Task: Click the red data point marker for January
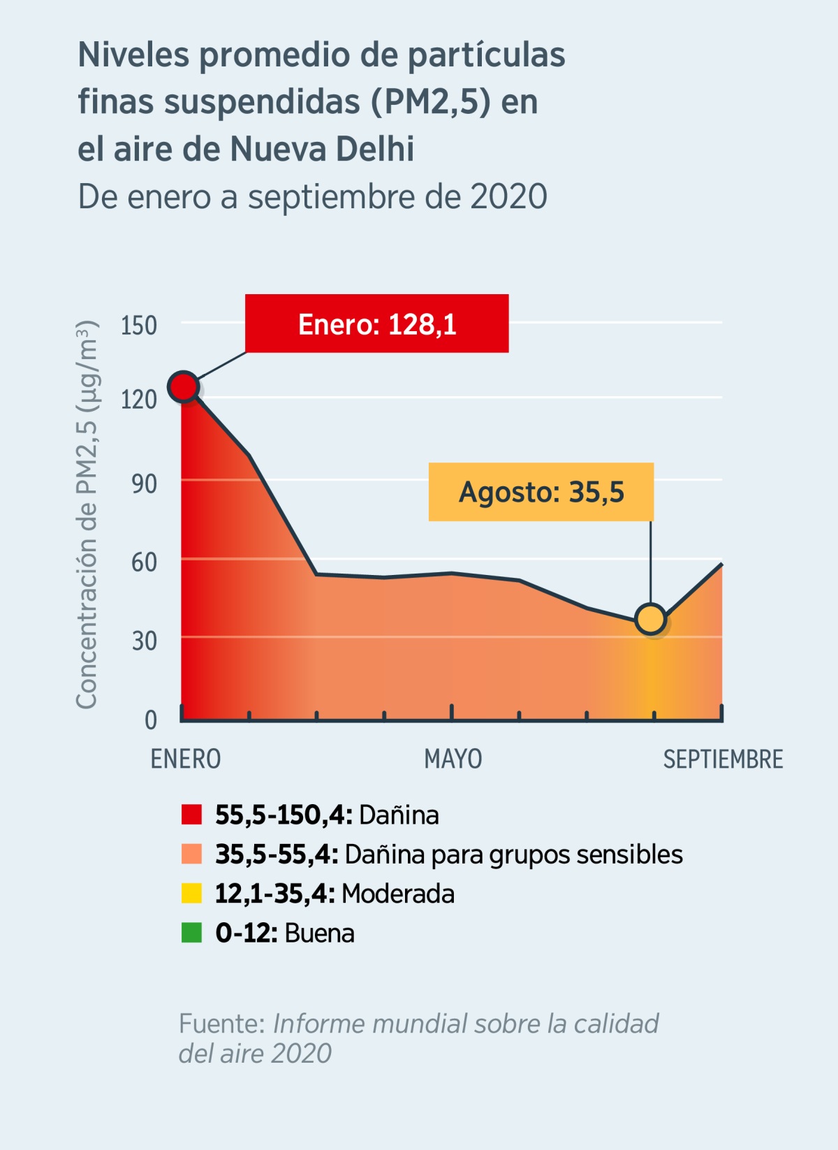point(184,386)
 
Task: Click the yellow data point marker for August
point(651,619)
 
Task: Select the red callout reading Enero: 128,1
point(376,323)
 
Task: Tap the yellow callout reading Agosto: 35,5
point(541,492)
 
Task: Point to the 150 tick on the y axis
point(138,326)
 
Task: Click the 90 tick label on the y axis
point(144,483)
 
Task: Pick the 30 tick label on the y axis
point(144,641)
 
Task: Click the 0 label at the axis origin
point(151,720)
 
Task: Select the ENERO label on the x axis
point(186,759)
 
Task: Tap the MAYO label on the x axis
point(453,759)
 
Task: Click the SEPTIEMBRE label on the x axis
point(723,759)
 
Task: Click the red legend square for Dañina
point(191,815)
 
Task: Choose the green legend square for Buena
point(191,933)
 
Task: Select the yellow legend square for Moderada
point(191,894)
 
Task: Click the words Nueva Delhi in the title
point(322,149)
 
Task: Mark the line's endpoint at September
point(721,564)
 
